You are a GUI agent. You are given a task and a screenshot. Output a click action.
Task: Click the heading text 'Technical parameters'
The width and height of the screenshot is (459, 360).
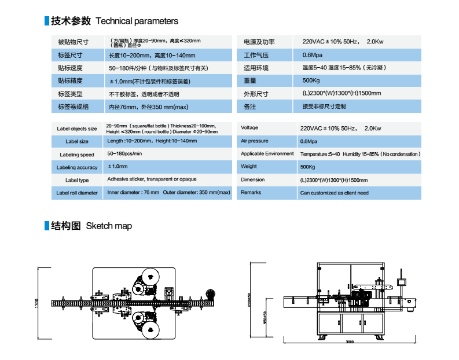coord(137,21)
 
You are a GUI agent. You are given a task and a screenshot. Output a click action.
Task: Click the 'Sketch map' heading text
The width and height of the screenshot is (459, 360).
coord(109,226)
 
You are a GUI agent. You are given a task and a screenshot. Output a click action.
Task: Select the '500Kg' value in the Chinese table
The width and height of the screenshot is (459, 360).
coord(311,80)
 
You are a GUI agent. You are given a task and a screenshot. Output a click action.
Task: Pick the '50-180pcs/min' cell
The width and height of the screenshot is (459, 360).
coord(124,154)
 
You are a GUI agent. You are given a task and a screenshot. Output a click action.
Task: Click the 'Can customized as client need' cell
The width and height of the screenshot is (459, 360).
coord(334,193)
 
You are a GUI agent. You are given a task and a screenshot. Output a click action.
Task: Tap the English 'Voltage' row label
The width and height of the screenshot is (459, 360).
coord(249,128)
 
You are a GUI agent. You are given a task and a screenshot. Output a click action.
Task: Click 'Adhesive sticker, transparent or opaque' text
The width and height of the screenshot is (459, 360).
coord(151,179)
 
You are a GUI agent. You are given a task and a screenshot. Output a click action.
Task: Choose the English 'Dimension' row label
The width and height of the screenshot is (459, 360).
coord(252,180)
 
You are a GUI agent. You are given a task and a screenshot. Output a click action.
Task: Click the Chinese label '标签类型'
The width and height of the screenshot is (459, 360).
coord(70,94)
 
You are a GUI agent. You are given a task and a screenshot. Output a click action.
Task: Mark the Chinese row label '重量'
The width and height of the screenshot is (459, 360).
coord(250,80)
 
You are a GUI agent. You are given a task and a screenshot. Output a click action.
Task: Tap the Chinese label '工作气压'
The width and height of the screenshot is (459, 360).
coord(256,56)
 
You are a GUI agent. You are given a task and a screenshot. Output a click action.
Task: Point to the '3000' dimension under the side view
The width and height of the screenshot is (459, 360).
coord(350,342)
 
